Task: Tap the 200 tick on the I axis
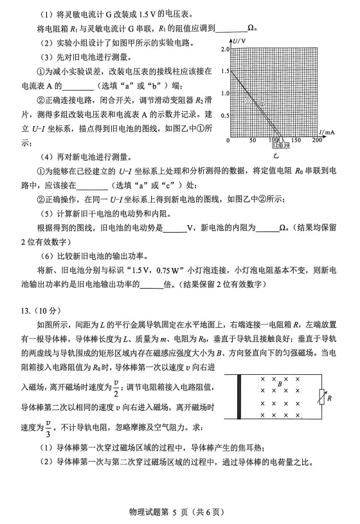(317, 141)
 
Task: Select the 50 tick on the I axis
(252, 141)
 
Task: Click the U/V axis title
(240, 41)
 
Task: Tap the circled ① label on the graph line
(248, 101)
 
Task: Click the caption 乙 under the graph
(276, 156)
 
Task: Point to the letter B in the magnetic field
(280, 384)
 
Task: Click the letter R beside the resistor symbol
(329, 399)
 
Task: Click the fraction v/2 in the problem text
(116, 385)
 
